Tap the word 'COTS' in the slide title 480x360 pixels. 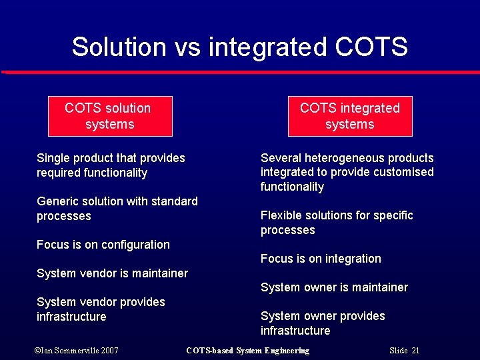pyautogui.click(x=371, y=47)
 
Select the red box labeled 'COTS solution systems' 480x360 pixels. pyautogui.click(x=110, y=116)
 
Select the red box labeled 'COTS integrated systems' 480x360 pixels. pyautogui.click(x=350, y=116)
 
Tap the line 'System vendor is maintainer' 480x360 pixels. pyautogui.click(x=112, y=273)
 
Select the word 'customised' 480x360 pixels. pyautogui.click(x=403, y=172)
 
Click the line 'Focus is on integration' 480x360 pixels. pyautogui.click(x=321, y=259)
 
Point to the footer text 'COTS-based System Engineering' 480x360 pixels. pyautogui.click(x=247, y=350)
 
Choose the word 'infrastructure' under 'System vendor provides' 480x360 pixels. pyautogui.click(x=71, y=317)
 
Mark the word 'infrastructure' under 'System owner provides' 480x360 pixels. pyautogui.click(x=295, y=331)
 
